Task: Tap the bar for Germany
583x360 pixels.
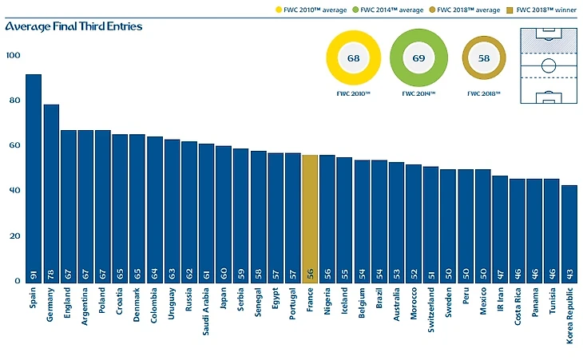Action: (51, 192)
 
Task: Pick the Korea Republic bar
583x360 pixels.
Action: (569, 232)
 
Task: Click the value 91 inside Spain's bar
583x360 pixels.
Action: (34, 271)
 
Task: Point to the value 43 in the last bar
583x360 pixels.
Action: (569, 271)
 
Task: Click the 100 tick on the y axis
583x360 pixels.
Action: (14, 55)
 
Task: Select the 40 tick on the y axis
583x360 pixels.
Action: (14, 191)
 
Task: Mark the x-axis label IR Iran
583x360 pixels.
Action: (500, 304)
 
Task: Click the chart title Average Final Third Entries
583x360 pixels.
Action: (73, 26)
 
